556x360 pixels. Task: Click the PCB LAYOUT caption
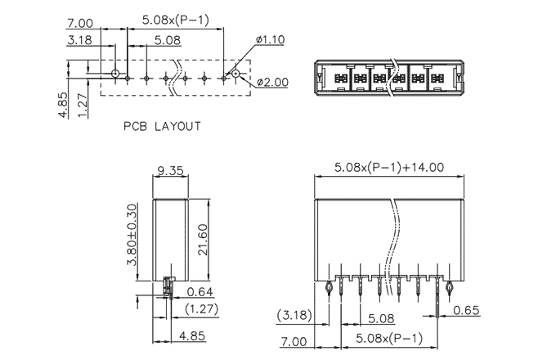pos(162,127)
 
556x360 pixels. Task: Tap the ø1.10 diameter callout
pos(269,38)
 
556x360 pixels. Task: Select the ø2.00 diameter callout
pos(271,83)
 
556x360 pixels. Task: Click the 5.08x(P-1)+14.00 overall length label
pos(389,167)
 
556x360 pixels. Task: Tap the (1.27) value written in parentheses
pos(200,308)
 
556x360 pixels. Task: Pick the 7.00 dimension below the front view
pos(292,341)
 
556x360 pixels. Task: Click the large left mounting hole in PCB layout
pos(115,74)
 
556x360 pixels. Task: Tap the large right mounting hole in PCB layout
pos(235,74)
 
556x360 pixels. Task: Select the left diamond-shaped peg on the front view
pos(329,288)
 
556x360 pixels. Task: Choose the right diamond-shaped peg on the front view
pos(449,288)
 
